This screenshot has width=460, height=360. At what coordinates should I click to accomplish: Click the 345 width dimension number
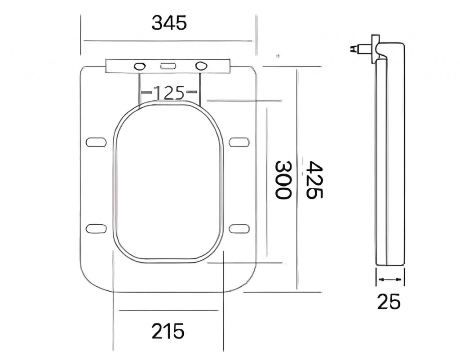(169, 22)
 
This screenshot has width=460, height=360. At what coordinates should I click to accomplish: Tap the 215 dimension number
(168, 331)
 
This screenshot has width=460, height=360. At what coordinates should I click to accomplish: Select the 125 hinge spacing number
(169, 93)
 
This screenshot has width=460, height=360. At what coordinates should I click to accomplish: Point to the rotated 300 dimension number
(283, 180)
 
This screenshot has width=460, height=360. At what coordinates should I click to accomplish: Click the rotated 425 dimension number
(314, 180)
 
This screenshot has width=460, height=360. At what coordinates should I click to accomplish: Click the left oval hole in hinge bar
(140, 66)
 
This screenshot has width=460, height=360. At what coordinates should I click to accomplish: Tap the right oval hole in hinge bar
(201, 66)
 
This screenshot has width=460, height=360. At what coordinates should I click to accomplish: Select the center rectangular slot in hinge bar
(168, 67)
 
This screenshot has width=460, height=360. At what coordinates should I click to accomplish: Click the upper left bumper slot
(96, 142)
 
